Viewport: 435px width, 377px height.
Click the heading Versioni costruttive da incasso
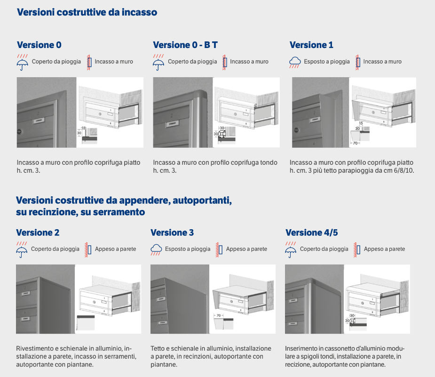point(87,13)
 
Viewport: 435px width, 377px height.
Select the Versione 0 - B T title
point(185,45)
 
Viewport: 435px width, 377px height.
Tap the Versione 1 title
point(311,45)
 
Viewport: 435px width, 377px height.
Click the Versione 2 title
point(38,233)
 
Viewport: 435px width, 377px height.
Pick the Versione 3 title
point(172,233)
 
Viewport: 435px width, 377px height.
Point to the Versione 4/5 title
point(312,233)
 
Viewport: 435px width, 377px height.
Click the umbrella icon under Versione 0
point(22,63)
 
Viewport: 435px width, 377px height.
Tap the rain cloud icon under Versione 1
point(295,62)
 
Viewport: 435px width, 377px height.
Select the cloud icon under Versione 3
point(157,249)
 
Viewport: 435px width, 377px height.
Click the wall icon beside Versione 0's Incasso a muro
point(88,62)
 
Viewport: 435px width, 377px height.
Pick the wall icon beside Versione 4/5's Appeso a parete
point(357,249)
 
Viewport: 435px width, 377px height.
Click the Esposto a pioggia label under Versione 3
point(188,249)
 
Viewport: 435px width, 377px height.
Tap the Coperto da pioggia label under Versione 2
point(55,249)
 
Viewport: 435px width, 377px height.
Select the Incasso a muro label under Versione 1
point(382,62)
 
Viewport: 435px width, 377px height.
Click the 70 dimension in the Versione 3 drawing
point(219,315)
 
